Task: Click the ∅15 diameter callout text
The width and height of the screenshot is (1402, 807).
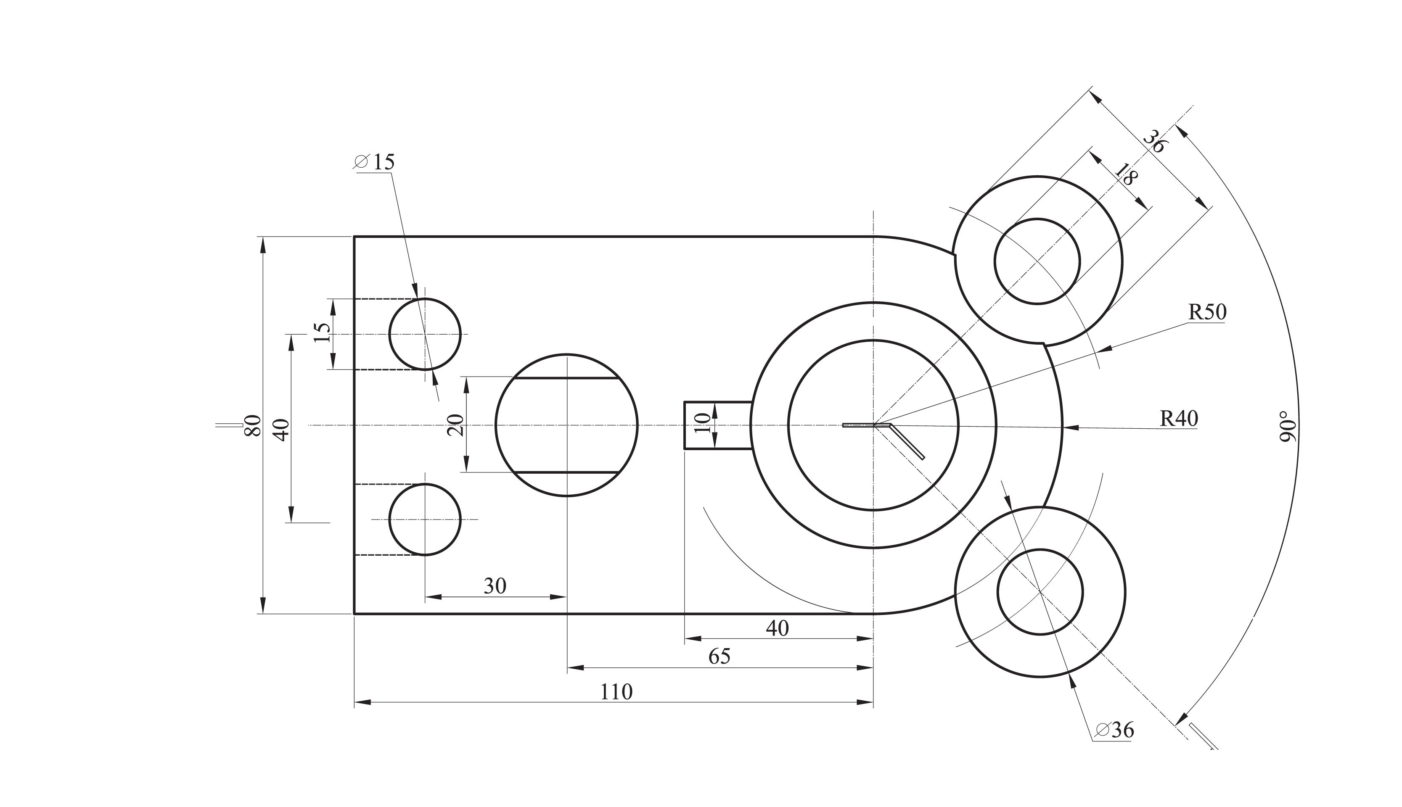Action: pos(374,162)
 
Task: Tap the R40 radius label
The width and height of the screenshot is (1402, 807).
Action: pos(1179,419)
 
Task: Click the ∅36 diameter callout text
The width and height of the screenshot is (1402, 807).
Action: pos(1115,730)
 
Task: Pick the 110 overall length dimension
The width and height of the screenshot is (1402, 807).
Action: pos(616,692)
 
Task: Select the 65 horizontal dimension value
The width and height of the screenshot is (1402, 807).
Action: pos(720,656)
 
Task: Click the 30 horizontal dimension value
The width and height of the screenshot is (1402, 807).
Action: pos(495,585)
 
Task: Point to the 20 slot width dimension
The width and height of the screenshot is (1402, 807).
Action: pos(455,425)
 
